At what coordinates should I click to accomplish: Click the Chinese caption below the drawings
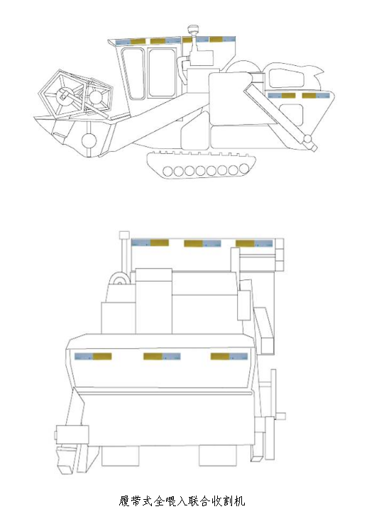coord(182,501)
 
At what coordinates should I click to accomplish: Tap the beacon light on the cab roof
coord(194,29)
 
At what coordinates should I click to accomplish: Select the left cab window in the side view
coord(133,74)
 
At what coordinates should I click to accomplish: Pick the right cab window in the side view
coord(163,73)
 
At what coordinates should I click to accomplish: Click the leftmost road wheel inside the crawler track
coord(168,171)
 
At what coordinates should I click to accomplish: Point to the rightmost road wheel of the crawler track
coord(244,168)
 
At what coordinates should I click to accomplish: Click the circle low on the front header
coord(89,140)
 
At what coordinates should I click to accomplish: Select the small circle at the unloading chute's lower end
coord(307,138)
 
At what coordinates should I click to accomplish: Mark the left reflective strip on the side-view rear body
coord(281,96)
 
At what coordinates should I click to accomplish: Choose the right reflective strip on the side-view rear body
coord(315,96)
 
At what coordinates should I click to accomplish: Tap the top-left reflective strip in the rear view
coord(150,242)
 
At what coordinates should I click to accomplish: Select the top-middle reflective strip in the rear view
coord(202,243)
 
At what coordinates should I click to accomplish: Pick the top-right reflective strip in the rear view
coord(254,243)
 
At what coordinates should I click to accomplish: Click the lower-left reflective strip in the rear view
coord(93,357)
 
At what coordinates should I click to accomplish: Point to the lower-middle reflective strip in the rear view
coord(162,357)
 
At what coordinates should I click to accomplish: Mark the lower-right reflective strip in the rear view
coord(229,357)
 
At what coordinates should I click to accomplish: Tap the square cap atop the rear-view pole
coord(124,235)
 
